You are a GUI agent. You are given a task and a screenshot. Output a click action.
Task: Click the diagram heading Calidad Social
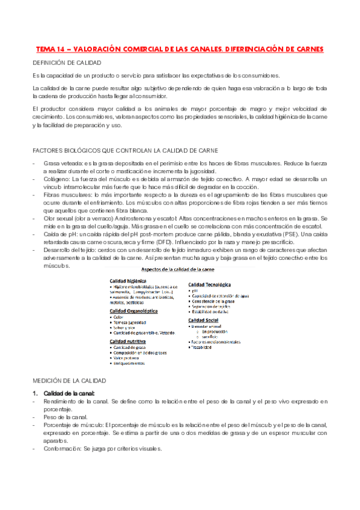(206, 320)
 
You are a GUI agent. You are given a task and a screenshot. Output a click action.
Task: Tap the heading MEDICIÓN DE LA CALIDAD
(69, 381)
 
